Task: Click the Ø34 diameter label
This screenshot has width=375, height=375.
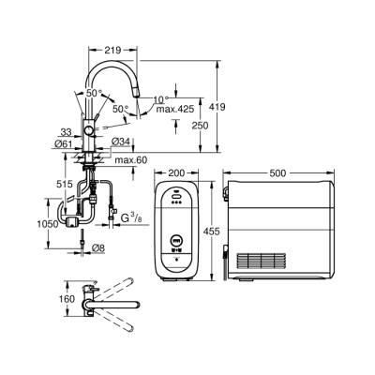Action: tap(121, 142)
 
